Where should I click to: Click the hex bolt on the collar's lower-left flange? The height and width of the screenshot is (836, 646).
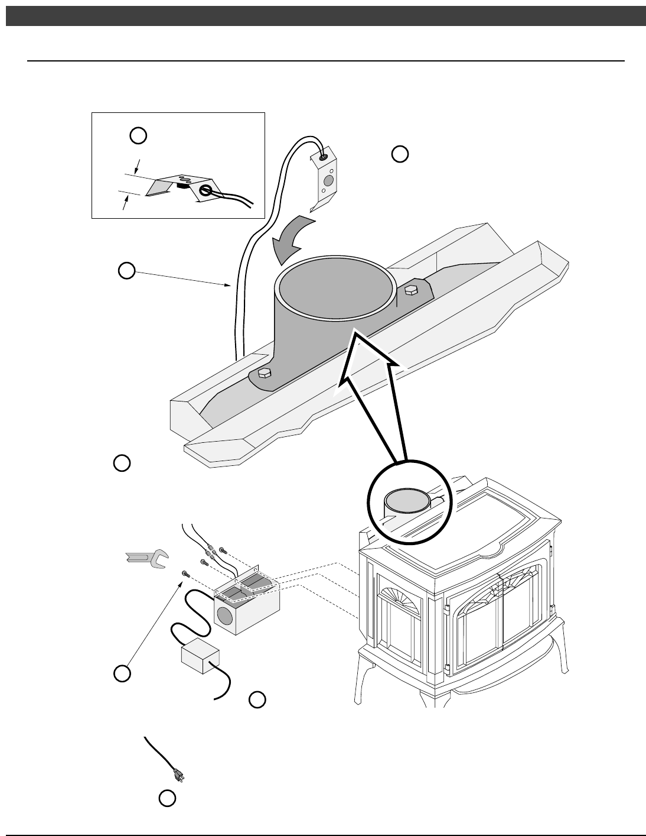pyautogui.click(x=265, y=374)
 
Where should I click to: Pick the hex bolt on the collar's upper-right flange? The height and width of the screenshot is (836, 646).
pyautogui.click(x=412, y=290)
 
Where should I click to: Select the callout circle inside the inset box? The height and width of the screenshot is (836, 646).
pyautogui.click(x=138, y=135)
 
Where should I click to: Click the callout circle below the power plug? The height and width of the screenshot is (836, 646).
pyautogui.click(x=167, y=798)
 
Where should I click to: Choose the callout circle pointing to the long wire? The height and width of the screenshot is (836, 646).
pyautogui.click(x=126, y=271)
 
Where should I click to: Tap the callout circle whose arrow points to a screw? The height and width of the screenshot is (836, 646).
pyautogui.click(x=122, y=673)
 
